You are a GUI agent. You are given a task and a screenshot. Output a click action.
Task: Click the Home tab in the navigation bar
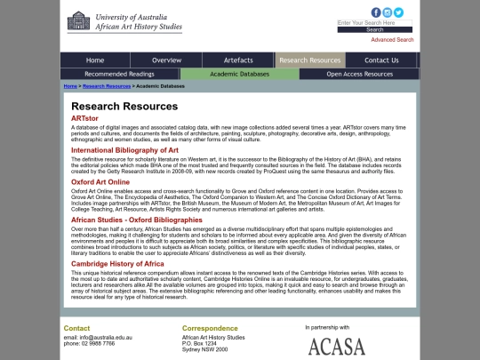(95, 60)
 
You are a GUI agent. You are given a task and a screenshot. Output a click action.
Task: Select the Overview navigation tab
(167, 60)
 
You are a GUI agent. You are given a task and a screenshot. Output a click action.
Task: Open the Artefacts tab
(238, 60)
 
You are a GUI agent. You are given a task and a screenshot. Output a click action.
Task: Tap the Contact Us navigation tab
(381, 60)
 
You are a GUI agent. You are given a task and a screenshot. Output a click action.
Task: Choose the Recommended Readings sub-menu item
(119, 75)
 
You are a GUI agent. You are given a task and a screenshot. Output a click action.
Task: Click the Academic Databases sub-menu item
(239, 75)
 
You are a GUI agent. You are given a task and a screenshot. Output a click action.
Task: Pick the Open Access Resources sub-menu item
(359, 75)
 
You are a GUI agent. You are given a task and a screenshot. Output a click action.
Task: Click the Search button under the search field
(374, 29)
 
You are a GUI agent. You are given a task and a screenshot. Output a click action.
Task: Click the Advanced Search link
(392, 40)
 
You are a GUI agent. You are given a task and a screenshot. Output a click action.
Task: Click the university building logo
(79, 20)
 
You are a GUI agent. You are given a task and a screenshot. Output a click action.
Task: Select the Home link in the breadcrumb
(70, 86)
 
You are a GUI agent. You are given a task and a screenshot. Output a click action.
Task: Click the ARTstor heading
(85, 118)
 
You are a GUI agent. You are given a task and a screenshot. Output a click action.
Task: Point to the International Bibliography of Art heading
(124, 150)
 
